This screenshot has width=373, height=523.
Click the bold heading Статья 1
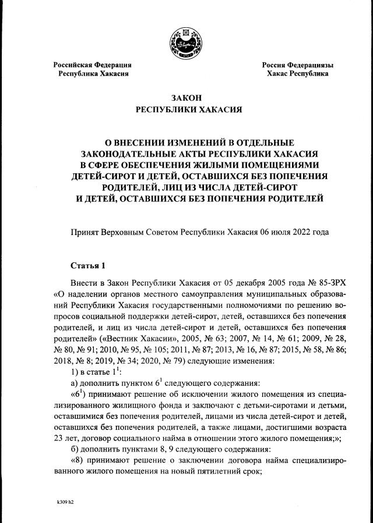[87, 266]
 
